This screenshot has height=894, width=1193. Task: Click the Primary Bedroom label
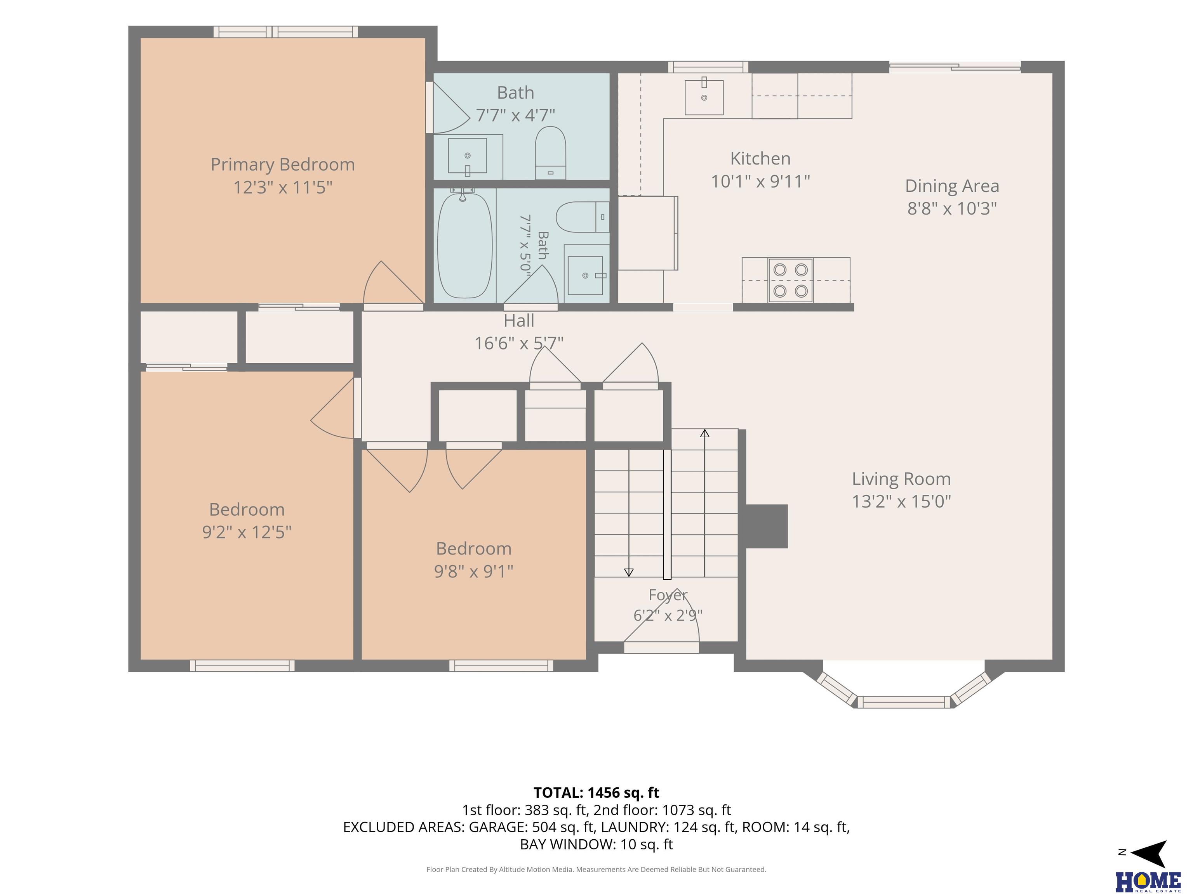click(x=283, y=165)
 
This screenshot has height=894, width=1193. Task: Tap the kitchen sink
click(x=704, y=97)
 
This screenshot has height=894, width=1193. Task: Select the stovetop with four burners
click(x=791, y=280)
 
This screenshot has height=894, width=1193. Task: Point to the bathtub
click(x=464, y=245)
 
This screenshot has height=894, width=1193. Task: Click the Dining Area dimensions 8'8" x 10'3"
click(x=952, y=208)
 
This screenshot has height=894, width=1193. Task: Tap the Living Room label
click(x=901, y=478)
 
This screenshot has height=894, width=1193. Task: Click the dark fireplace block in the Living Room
click(x=766, y=526)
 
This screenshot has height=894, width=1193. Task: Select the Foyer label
click(x=668, y=595)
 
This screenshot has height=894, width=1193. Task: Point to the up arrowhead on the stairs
click(x=704, y=433)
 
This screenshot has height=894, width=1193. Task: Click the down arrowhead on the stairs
click(x=629, y=573)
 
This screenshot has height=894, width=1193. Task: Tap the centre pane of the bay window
click(x=904, y=702)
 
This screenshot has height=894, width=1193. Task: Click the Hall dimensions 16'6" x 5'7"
click(x=519, y=343)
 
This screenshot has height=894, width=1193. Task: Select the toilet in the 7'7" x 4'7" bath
click(x=550, y=152)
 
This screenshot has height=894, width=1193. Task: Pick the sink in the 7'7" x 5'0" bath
click(x=586, y=275)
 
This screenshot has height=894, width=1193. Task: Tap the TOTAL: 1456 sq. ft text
click(x=596, y=793)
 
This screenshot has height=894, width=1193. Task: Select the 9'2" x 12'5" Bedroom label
click(x=247, y=521)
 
